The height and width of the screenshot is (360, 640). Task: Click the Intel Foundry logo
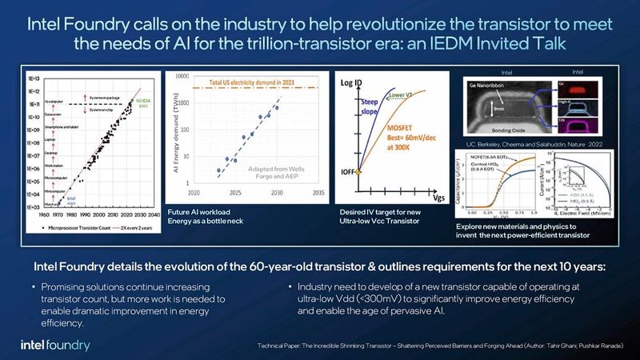[55, 345]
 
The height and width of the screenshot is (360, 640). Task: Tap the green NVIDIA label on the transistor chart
[143, 102]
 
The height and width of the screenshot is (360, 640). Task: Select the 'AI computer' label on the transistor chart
[57, 102]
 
